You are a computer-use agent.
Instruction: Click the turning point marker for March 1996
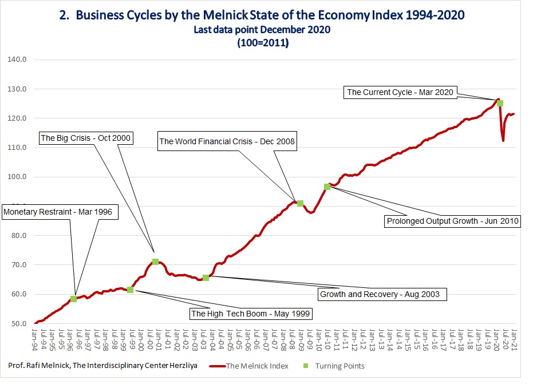click(x=73, y=299)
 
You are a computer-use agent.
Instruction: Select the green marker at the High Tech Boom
click(x=130, y=290)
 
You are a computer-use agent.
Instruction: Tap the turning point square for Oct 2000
click(x=155, y=262)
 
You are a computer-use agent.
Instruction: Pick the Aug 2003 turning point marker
click(x=206, y=278)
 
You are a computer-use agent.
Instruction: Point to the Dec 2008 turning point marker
click(x=299, y=203)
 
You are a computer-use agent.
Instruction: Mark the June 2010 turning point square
click(x=327, y=187)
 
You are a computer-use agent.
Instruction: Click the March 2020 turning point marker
click(x=500, y=103)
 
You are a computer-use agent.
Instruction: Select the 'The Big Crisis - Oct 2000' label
click(x=86, y=138)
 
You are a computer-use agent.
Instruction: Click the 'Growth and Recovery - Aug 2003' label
click(x=380, y=294)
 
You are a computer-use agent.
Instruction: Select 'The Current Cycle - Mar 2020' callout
click(x=401, y=92)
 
